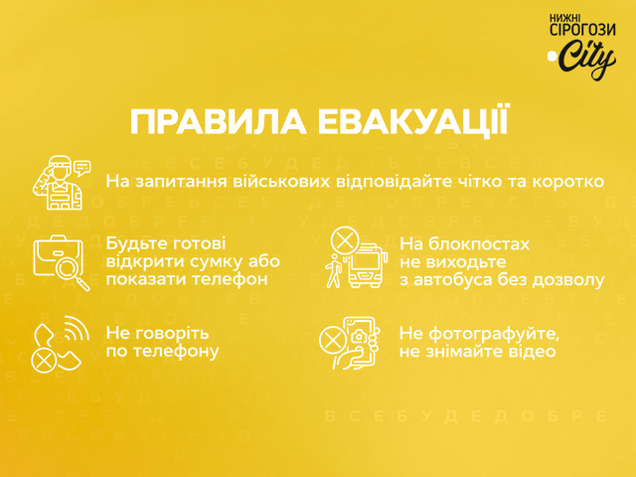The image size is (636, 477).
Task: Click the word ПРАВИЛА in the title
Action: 219,122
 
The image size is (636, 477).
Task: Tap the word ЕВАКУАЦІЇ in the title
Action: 412,120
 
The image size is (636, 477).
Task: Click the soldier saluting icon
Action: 58,183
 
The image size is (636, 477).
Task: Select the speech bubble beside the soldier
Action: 82,168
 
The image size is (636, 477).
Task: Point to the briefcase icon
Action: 58,255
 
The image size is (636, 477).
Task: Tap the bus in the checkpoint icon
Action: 366,265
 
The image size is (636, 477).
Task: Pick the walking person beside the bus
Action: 334,271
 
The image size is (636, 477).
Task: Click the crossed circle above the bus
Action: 345,240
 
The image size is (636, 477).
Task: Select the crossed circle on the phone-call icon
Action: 44,360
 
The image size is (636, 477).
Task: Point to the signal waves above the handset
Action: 77,328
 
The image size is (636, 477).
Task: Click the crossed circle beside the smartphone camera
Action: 332,340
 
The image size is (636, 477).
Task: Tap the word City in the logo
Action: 585,59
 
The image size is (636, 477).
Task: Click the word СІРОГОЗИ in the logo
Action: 583,29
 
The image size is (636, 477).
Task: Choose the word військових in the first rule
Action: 281,181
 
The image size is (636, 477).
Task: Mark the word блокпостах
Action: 479,244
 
